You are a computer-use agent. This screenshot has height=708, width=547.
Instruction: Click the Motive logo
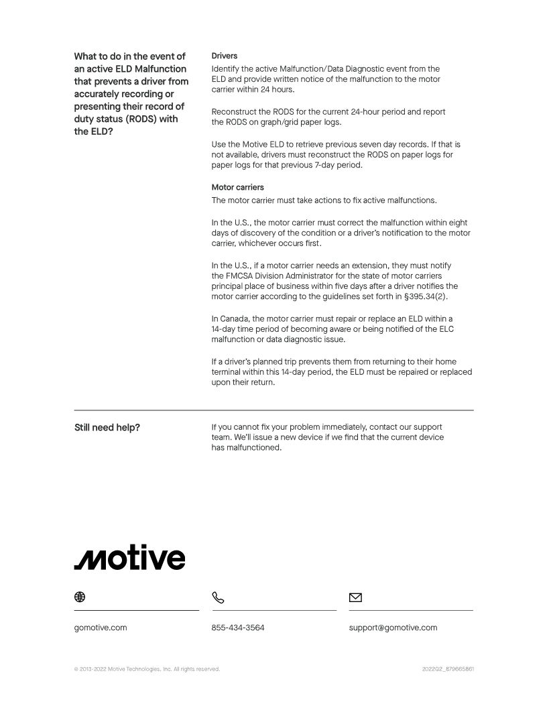[129, 558]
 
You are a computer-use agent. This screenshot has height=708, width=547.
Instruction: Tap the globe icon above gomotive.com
[80, 597]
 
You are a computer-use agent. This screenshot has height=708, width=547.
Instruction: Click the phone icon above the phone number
[218, 597]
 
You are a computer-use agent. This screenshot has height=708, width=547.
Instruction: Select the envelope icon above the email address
[355, 597]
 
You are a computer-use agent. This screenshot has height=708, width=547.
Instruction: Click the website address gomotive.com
[101, 628]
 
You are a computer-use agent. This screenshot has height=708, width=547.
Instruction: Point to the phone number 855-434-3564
[237, 628]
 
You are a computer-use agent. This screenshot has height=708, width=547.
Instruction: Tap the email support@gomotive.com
[393, 628]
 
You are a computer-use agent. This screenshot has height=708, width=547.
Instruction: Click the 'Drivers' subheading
[225, 56]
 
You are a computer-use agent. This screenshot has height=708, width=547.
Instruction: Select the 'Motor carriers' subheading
[238, 188]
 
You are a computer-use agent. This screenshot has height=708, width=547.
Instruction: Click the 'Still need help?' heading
[107, 428]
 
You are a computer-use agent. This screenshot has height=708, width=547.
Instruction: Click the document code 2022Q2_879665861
[448, 669]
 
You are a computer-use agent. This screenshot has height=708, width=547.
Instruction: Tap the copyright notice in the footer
[147, 669]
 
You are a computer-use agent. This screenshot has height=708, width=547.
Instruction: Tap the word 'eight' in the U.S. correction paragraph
[458, 223]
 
